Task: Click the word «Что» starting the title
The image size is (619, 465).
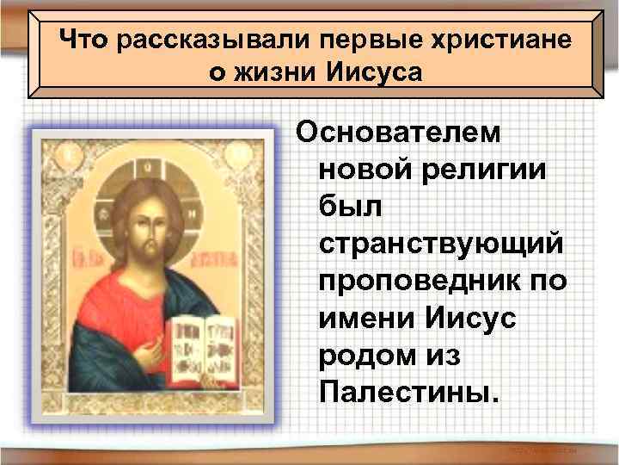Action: [x=85, y=40]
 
